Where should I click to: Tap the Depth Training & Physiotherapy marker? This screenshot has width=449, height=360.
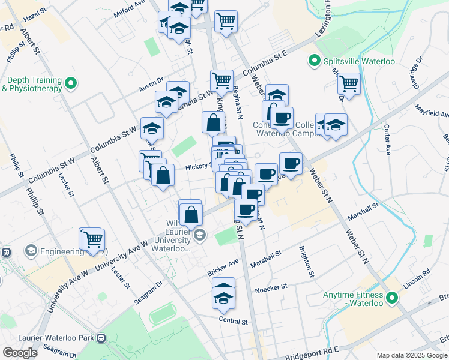pos(71,83)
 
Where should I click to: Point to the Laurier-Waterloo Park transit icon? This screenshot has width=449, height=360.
pos(101,338)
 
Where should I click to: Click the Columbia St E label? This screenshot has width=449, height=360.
pos(265,64)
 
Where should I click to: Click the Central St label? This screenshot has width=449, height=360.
pos(234,321)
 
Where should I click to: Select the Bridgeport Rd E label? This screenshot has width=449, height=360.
pos(312,353)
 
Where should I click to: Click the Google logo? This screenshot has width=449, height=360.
pos(20,353)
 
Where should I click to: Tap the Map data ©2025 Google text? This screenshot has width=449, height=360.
pos(411,355)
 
